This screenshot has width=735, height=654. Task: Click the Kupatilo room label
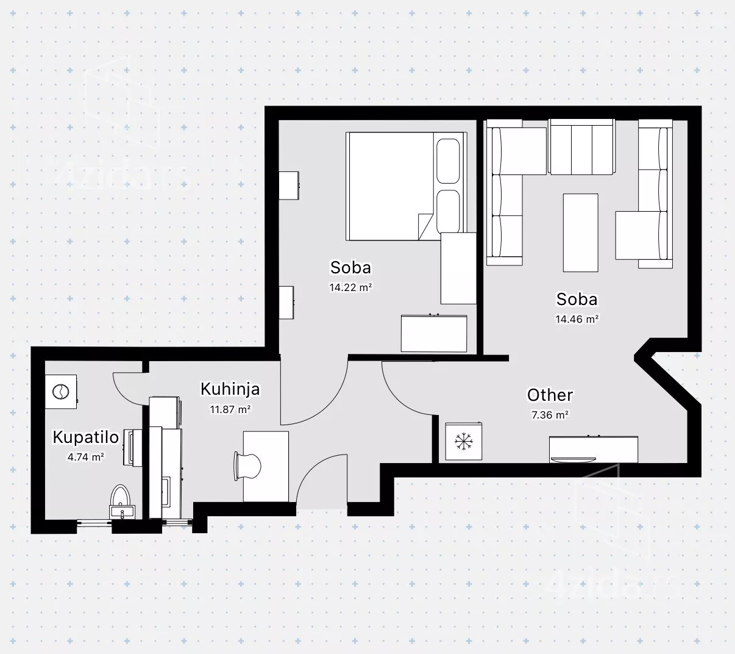click(x=86, y=437)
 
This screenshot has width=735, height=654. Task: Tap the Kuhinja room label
click(x=230, y=389)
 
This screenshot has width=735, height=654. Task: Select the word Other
click(x=550, y=395)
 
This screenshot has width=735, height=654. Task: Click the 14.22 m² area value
click(x=350, y=287)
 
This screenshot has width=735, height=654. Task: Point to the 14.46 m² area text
click(x=577, y=319)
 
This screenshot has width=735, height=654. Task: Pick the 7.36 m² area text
click(x=550, y=415)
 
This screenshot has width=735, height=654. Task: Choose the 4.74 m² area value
click(x=86, y=457)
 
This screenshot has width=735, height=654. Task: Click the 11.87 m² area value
click(x=230, y=409)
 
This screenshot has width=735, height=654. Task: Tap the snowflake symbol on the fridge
click(x=464, y=442)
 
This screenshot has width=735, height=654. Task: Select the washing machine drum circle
click(x=61, y=392)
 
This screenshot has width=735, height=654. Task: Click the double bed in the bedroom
click(x=407, y=186)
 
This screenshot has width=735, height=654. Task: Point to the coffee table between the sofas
click(x=580, y=233)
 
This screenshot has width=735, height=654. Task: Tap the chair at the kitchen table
click(x=248, y=467)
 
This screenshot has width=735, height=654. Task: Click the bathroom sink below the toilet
click(x=122, y=512)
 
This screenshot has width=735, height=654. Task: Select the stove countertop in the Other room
click(x=594, y=450)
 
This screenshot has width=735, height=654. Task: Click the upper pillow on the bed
click(x=448, y=161)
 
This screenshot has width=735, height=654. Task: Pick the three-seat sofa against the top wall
click(x=581, y=147)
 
